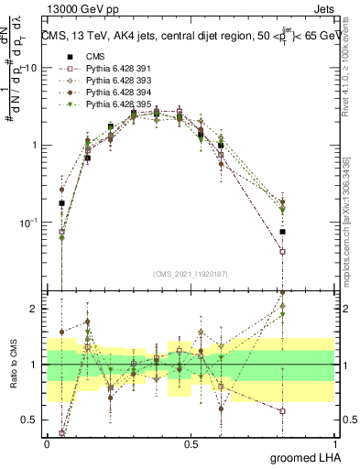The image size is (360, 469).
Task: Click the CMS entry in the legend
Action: coord(96,57)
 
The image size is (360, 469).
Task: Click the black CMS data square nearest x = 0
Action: coord(61,203)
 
